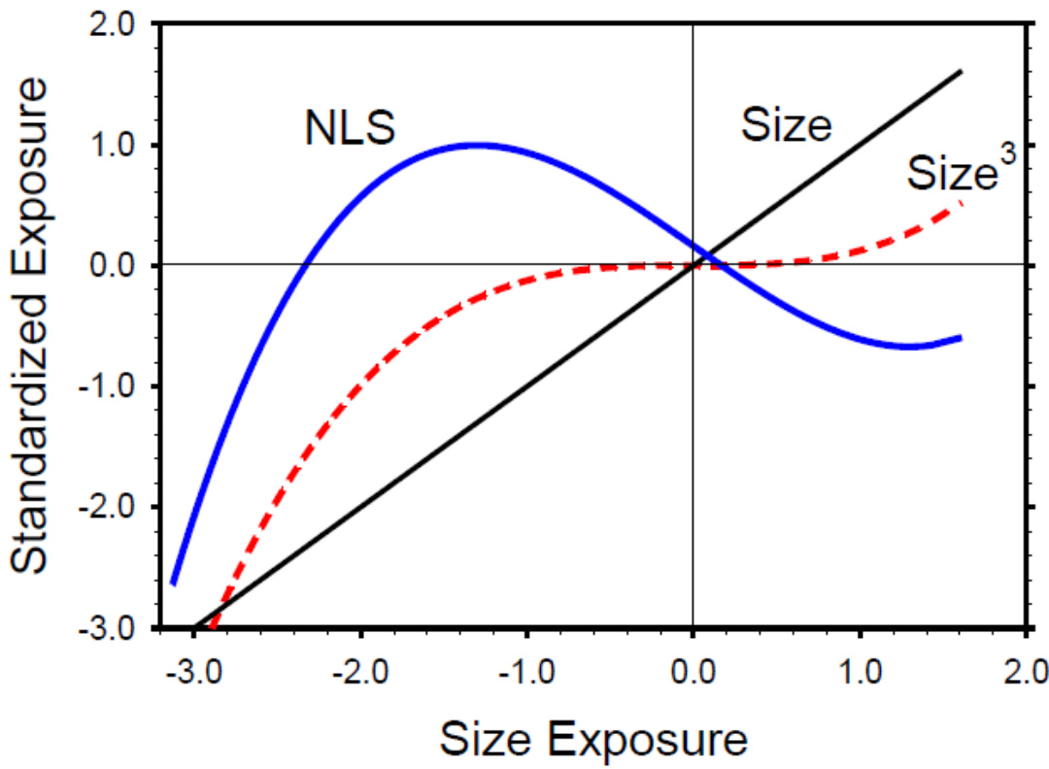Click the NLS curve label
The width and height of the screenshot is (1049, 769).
[351, 129]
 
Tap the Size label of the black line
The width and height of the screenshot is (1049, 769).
[787, 125]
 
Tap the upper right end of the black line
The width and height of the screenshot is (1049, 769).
[961, 71]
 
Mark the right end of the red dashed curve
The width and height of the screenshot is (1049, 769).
[961, 201]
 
